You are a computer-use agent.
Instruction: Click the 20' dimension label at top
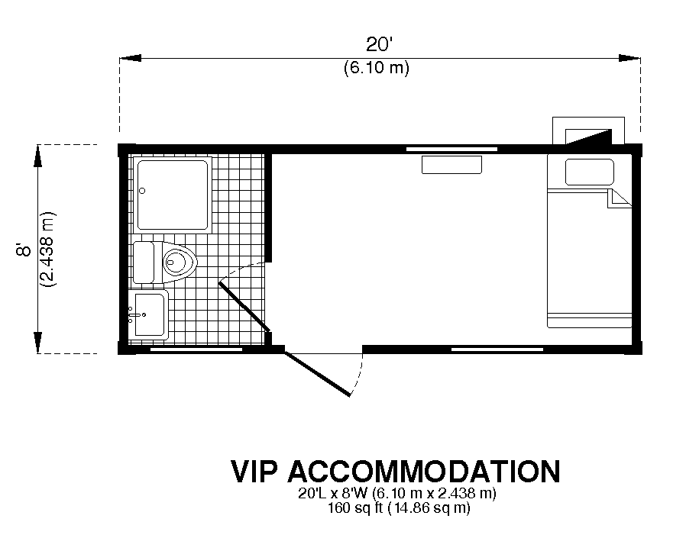(379, 44)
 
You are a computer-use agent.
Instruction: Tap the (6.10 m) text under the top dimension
(377, 68)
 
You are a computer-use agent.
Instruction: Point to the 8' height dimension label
(24, 250)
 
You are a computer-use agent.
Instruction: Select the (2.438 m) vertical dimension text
(47, 249)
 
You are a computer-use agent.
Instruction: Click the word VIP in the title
(254, 471)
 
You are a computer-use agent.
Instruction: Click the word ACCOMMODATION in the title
(424, 471)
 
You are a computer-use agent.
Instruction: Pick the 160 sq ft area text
(355, 507)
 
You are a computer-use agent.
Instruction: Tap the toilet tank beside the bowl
(144, 263)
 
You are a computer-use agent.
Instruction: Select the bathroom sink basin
(149, 314)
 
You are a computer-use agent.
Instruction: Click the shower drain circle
(142, 191)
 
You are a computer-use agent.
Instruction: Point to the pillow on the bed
(589, 172)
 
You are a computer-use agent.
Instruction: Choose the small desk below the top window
(451, 165)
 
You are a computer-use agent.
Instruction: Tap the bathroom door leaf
(244, 307)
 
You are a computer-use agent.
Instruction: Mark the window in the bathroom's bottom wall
(196, 350)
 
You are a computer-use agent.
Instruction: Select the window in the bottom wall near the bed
(497, 350)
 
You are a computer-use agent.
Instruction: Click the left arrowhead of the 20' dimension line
(130, 58)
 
